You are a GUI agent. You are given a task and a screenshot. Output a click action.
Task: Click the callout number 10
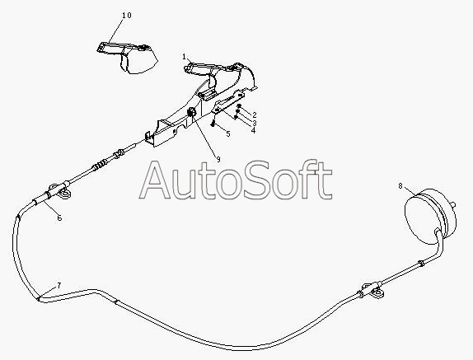coord(127,15)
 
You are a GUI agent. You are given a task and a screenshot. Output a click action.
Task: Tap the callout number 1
coord(184,57)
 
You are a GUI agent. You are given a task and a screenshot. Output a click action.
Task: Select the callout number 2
coord(255,115)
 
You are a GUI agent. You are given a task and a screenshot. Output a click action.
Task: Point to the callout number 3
coord(255,123)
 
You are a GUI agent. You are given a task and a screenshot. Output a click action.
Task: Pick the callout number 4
coord(253,130)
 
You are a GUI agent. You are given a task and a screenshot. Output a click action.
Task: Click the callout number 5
coord(228,133)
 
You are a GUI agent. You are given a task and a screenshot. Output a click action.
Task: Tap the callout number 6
coord(59,217)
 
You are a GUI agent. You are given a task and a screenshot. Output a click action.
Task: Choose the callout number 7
coord(59,285)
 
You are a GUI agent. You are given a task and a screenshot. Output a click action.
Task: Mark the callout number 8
coord(400,185)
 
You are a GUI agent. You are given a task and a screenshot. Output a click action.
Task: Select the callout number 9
coord(218,160)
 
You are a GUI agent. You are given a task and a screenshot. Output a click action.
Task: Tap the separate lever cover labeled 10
coord(127,58)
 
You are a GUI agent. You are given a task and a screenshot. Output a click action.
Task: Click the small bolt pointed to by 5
coord(213,123)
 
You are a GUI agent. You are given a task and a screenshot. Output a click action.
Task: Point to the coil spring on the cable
coord(100,166)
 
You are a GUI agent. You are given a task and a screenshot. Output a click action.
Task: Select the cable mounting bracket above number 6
coord(59,191)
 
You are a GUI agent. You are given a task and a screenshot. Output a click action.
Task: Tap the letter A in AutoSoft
coord(155,181)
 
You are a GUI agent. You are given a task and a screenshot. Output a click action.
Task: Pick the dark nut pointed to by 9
coord(191,112)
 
